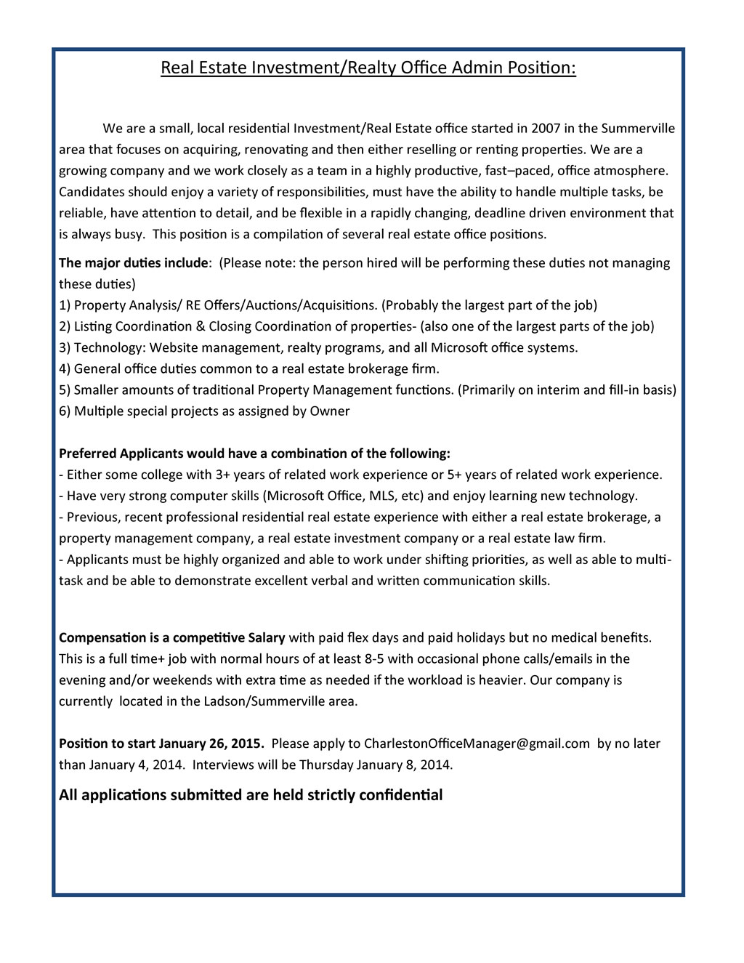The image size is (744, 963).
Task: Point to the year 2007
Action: (546, 129)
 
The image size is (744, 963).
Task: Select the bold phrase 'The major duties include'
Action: (134, 262)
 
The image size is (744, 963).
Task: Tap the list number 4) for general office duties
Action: (65, 368)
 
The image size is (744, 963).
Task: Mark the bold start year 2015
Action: (247, 744)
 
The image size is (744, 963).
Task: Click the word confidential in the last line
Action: (403, 794)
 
